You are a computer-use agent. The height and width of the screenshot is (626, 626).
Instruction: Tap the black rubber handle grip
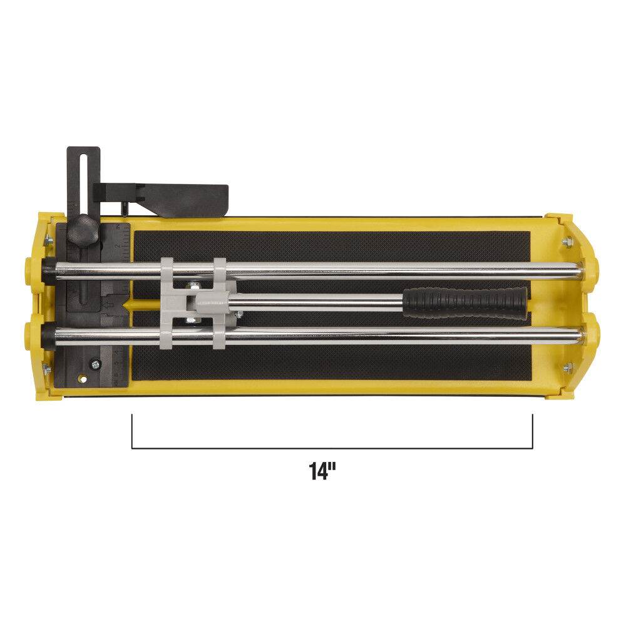pyautogui.click(x=464, y=303)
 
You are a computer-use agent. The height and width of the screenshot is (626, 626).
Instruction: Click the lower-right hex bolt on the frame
pyautogui.click(x=567, y=367)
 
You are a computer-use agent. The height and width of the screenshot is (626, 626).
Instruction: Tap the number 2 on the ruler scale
pyautogui.click(x=117, y=246)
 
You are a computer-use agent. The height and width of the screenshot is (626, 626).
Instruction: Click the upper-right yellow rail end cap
pyautogui.click(x=591, y=269)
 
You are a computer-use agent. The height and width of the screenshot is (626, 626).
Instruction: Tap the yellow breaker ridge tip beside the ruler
pyautogui.click(x=127, y=305)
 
